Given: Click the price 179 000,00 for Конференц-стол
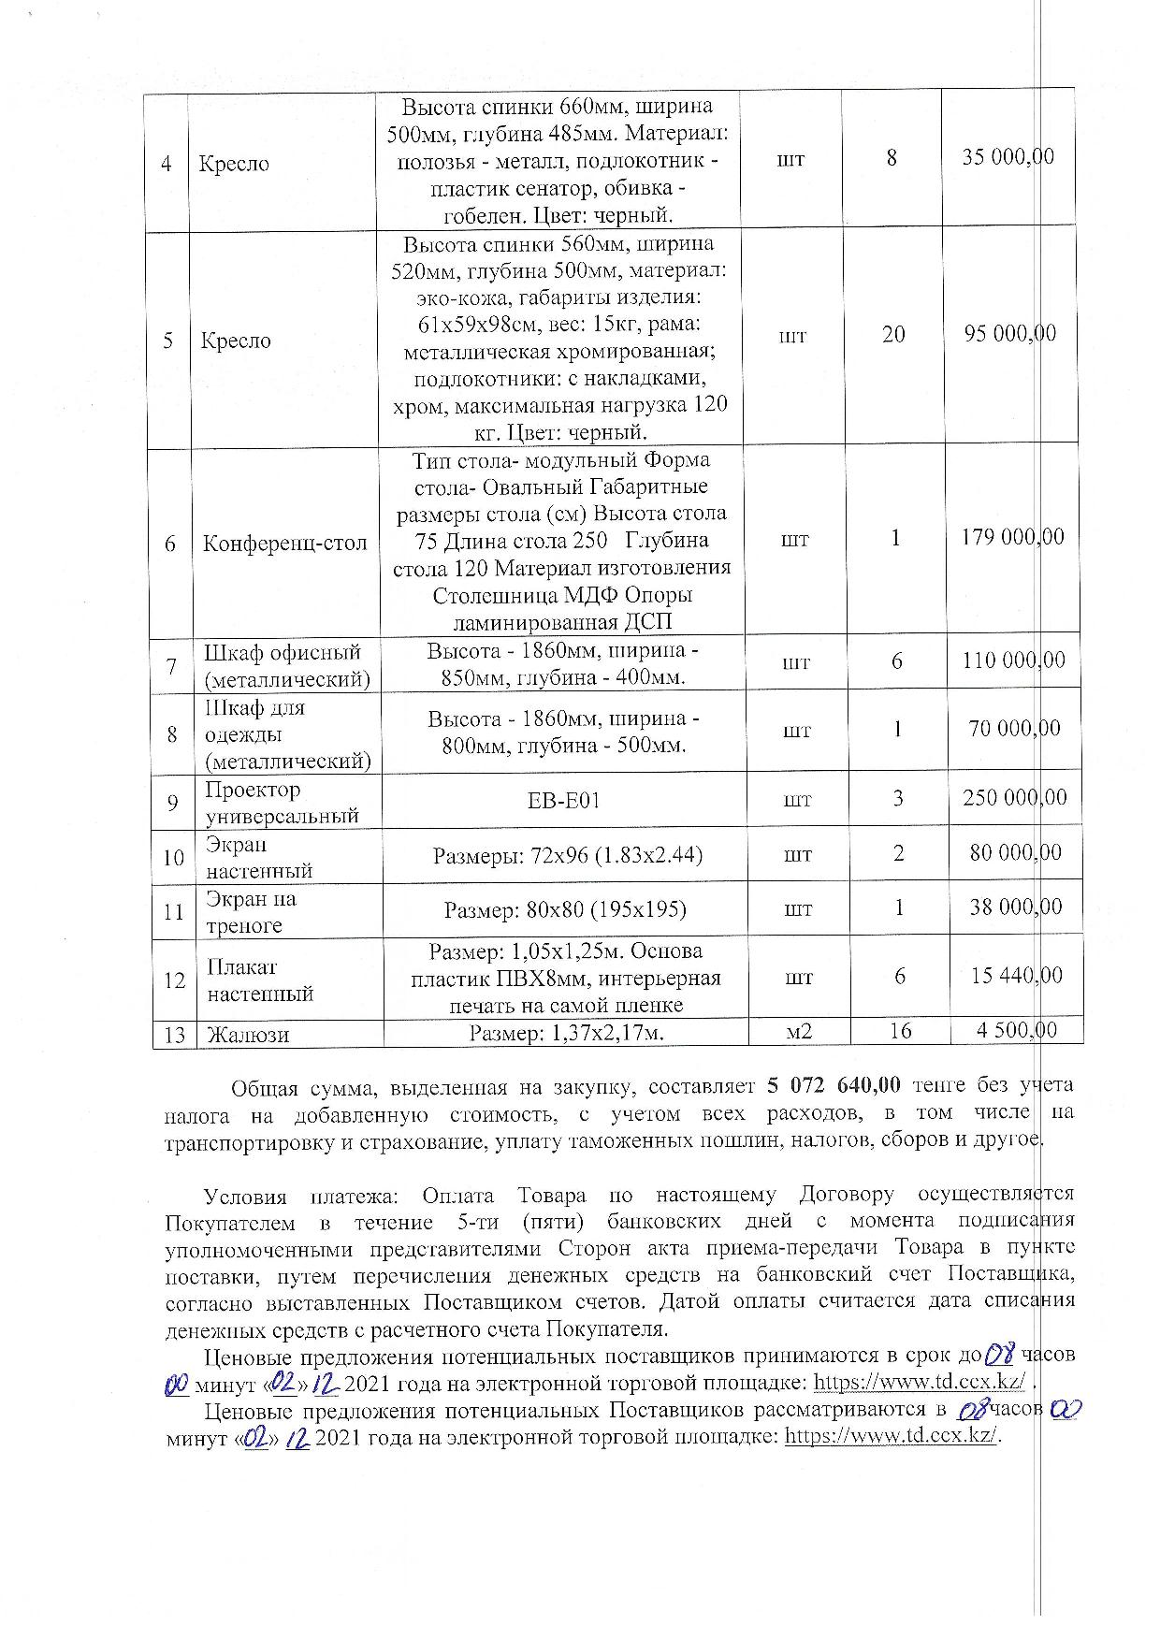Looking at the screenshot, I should (1013, 538).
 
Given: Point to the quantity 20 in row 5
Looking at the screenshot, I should (893, 335).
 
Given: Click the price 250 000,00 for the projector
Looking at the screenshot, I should (1014, 798).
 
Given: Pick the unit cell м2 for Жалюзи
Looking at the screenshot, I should (798, 1032).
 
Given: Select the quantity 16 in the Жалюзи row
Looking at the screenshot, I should (900, 1031).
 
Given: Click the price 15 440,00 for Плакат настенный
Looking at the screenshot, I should (1017, 977).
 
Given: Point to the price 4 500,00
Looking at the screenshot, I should (1017, 1031).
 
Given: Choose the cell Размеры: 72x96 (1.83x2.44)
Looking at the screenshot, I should (568, 855).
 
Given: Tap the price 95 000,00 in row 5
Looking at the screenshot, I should (1010, 334).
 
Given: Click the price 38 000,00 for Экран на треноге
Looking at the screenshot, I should (1016, 907).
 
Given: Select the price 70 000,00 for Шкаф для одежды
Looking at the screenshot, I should (1015, 729).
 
